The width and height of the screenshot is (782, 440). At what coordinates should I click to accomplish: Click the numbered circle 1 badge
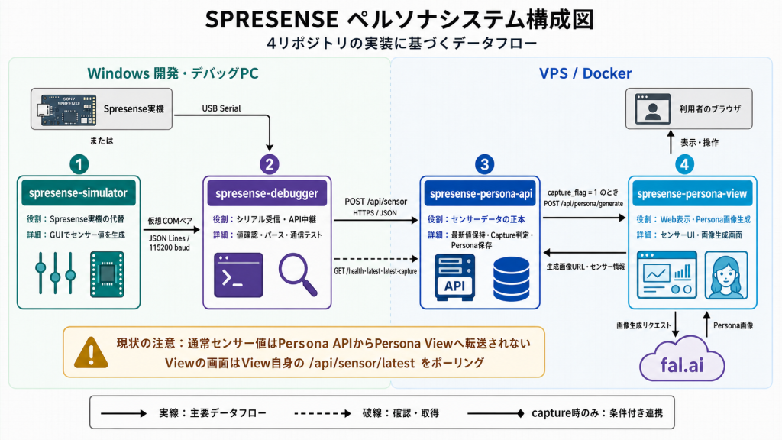coord(79,164)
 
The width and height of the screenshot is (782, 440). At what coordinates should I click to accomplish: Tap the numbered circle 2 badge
coord(270,164)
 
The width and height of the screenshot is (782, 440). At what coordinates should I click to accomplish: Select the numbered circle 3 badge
coord(484,164)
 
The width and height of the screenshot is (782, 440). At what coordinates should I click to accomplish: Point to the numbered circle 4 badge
coord(684,164)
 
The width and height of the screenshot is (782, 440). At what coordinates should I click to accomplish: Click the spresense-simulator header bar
coord(79,193)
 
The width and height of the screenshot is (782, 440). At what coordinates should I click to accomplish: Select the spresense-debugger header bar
coord(267,193)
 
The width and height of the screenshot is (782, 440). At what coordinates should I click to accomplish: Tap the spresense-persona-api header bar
coord(480,193)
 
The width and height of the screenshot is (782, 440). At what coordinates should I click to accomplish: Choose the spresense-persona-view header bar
coord(692,193)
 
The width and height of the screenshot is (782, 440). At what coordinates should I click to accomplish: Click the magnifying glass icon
coord(298,275)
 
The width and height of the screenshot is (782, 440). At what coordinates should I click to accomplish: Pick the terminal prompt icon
coord(238,275)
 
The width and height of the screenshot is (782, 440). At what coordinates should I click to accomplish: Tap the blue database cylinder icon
coord(511,279)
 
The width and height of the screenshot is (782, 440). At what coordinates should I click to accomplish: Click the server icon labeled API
coord(454,277)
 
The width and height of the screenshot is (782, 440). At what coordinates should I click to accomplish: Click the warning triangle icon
coord(91,352)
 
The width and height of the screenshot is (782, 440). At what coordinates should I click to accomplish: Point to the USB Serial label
coord(221,108)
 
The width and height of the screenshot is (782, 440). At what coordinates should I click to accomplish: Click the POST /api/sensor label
coord(376,202)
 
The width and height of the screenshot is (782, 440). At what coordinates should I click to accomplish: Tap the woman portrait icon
coord(726,275)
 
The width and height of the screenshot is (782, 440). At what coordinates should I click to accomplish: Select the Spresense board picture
coord(68,109)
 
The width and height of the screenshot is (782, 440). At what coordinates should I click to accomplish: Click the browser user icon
coord(652,108)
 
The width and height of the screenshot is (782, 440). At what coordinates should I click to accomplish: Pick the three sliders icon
coord(55,273)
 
